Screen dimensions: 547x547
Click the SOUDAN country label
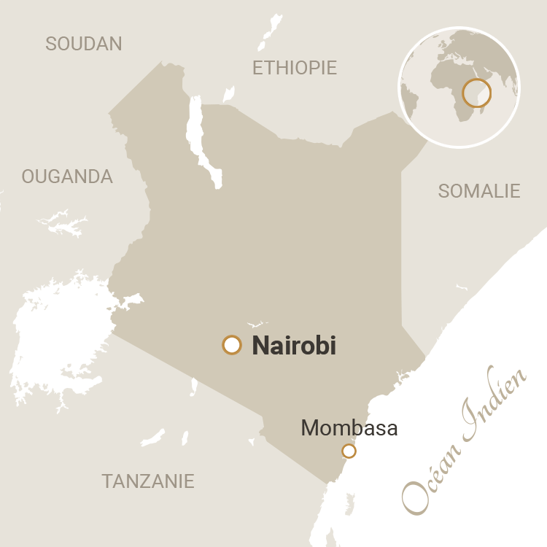[x=84, y=44]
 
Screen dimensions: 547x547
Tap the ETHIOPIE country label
[x=295, y=68]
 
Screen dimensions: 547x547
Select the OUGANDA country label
[x=67, y=176]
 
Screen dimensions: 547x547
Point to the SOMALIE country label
[x=479, y=191]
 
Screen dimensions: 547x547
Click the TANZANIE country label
[x=148, y=481]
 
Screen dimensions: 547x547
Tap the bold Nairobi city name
[x=294, y=346]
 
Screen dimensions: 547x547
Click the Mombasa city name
[x=349, y=428]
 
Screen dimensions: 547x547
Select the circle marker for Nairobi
[x=232, y=345]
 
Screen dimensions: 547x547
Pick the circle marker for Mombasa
[x=349, y=451]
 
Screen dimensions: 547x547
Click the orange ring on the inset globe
[x=477, y=93]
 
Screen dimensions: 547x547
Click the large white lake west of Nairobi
[x=62, y=343]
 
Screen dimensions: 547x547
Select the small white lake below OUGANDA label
[x=67, y=225]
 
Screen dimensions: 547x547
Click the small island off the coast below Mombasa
[x=349, y=503]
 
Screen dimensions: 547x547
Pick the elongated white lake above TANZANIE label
[x=153, y=438]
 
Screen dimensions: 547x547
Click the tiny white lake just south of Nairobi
[x=193, y=387]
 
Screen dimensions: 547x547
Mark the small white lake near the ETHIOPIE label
[x=229, y=94]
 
